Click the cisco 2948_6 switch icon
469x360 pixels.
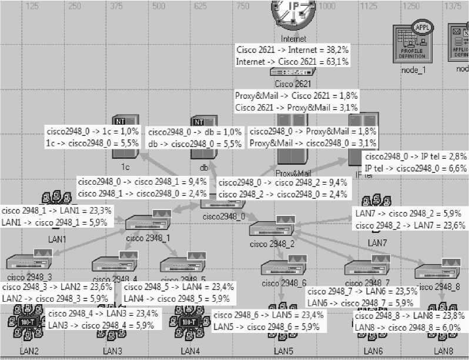coord(284,269)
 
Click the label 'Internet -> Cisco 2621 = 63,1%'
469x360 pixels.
coord(292,61)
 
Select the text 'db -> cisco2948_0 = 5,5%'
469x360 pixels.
coord(195,143)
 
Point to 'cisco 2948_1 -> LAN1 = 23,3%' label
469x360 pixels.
coord(56,210)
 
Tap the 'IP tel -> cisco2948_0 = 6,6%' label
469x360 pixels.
coord(416,168)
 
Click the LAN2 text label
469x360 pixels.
coord(29,351)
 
